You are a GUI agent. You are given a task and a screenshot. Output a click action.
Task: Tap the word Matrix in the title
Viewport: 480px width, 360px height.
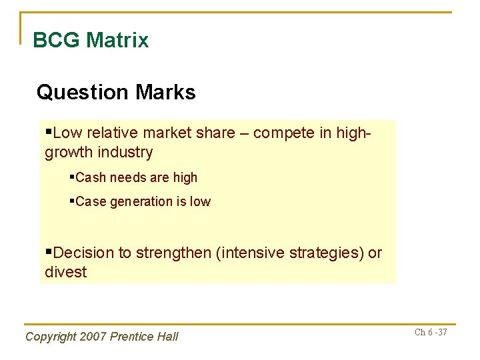click(x=117, y=40)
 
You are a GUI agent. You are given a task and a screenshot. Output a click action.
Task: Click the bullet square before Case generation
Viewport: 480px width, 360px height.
click(x=72, y=201)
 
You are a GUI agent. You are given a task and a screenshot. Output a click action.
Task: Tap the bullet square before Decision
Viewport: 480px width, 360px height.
click(x=48, y=253)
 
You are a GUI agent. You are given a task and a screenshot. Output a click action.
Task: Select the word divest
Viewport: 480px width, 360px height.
click(x=65, y=272)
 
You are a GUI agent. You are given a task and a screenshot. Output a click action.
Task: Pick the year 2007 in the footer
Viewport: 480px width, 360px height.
click(x=91, y=337)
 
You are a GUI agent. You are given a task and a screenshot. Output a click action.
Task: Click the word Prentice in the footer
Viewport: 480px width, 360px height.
click(x=130, y=337)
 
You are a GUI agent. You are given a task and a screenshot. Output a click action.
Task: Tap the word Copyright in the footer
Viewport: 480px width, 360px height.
click(x=50, y=337)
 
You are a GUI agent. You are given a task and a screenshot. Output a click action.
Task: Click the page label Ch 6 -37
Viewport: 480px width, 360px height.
click(x=431, y=332)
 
